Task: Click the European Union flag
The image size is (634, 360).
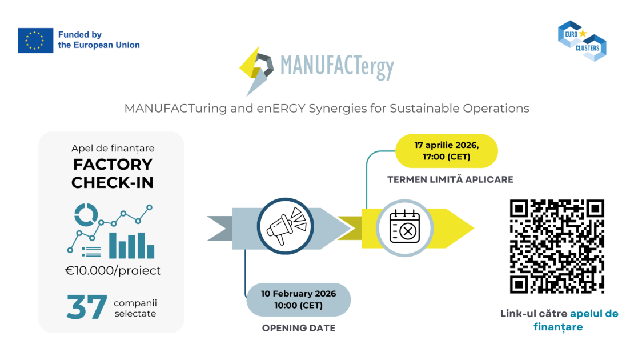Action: tap(35, 40)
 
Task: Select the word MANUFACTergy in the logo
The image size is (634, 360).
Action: tap(337, 67)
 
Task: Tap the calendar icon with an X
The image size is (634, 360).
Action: tap(406, 228)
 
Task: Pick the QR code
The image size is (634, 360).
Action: tap(557, 246)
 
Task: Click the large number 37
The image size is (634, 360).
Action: tap(87, 307)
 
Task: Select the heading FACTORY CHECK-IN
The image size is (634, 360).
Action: tap(113, 173)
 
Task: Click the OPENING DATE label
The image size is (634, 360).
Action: tap(299, 328)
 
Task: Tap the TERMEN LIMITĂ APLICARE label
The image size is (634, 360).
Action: tap(450, 179)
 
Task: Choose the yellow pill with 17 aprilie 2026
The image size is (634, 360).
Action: tap(447, 151)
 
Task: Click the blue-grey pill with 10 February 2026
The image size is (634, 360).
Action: tap(299, 299)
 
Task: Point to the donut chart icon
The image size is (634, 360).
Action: tap(86, 215)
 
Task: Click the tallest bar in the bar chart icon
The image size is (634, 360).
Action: tap(113, 245)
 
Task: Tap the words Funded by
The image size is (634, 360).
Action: tap(80, 35)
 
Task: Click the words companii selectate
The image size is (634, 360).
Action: tap(135, 308)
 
